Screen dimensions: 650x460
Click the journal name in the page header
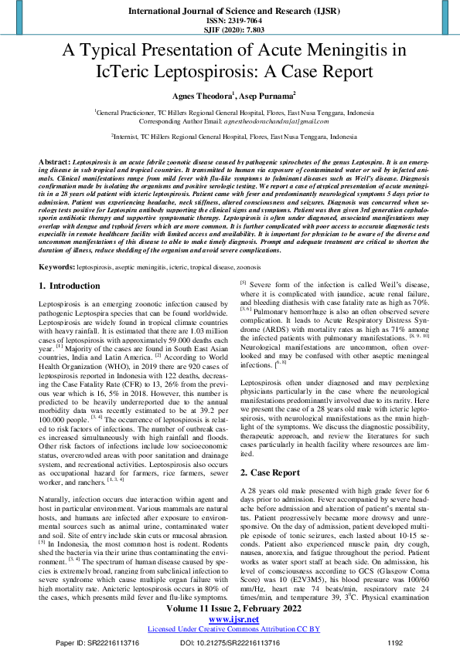230,12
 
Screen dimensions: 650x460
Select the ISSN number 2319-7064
230,22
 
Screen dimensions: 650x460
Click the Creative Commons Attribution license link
230,608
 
